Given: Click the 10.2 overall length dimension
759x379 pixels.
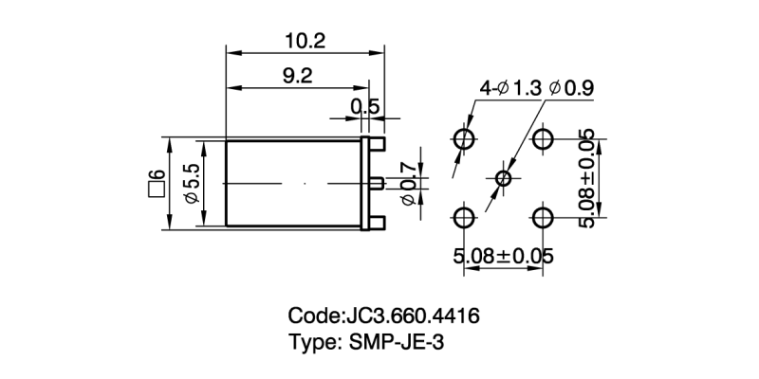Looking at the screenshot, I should tap(305, 41).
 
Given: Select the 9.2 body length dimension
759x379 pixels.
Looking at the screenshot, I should tap(297, 77).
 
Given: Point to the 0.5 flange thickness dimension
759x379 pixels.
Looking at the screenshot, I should tap(364, 107).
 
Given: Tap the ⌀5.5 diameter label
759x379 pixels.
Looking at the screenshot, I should tap(190, 182).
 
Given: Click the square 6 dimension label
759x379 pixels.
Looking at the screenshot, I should tap(156, 182).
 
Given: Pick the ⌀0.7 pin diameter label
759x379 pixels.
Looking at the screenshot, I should tap(409, 181).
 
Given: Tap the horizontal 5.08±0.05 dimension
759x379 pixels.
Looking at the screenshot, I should tap(503, 256).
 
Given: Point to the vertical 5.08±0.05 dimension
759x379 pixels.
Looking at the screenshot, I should tap(587, 178).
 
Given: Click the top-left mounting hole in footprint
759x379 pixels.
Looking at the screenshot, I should tap(464, 140).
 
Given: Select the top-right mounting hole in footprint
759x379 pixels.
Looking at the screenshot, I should tap(542, 140).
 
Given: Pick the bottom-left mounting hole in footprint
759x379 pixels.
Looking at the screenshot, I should tap(464, 218).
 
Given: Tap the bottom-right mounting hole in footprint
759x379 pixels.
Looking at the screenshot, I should tap(542, 218).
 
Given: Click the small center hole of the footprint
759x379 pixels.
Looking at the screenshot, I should tap(503, 178).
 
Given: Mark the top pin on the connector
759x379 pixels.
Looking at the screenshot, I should tap(377, 143).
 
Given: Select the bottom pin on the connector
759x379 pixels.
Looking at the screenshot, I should tap(377, 223).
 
